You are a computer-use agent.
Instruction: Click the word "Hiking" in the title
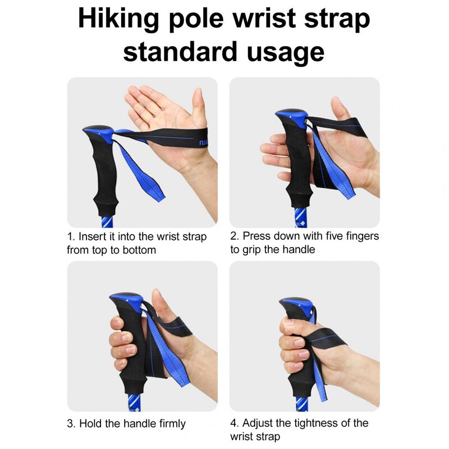click(x=118, y=19)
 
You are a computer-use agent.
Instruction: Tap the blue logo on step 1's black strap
click(x=203, y=142)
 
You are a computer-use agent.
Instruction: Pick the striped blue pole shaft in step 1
click(x=107, y=221)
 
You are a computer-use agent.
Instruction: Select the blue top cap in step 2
click(x=292, y=117)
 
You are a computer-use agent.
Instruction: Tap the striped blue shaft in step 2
click(x=300, y=218)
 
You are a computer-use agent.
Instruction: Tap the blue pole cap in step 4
click(x=297, y=305)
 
